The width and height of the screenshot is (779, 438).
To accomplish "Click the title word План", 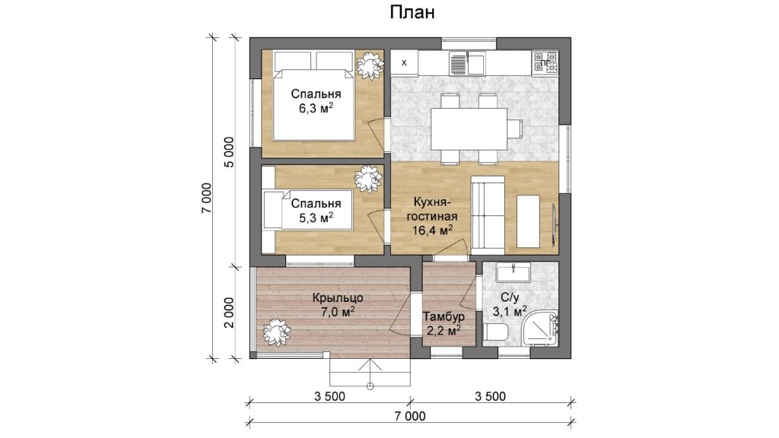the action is (x=412, y=12).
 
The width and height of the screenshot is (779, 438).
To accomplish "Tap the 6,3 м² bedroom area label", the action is (x=316, y=109).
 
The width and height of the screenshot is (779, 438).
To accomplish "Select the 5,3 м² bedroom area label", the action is (x=316, y=217).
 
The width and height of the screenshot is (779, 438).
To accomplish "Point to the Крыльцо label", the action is (x=338, y=298).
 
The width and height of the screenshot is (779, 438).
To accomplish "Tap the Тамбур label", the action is (x=444, y=316).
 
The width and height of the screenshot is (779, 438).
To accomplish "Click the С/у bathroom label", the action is (x=509, y=297).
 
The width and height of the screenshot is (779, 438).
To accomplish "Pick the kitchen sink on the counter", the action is (x=467, y=63).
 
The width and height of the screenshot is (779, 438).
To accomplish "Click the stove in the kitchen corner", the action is (x=545, y=63).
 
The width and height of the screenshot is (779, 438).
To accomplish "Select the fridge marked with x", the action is (x=404, y=62).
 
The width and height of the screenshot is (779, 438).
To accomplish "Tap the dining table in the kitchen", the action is (x=469, y=129).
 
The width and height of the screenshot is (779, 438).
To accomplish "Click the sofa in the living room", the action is (x=488, y=213).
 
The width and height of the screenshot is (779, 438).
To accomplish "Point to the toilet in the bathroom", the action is (x=494, y=332).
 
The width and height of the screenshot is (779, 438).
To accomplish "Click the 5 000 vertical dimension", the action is (x=228, y=152).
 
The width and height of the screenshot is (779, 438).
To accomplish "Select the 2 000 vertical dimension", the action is (x=228, y=313).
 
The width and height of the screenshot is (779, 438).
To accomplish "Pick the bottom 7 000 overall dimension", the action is (x=410, y=416).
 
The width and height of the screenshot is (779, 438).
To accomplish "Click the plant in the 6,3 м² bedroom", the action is (x=370, y=65).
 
